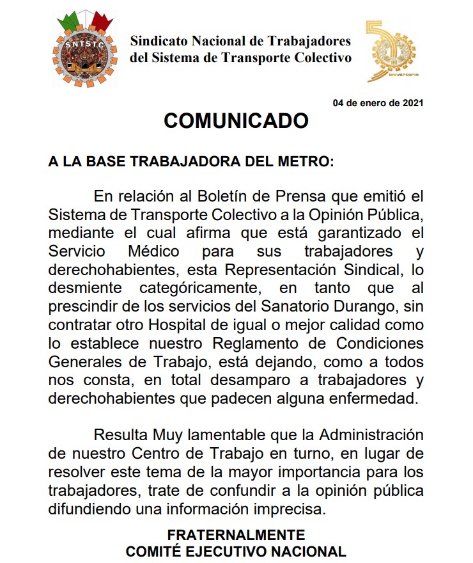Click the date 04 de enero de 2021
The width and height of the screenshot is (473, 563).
[x=378, y=103]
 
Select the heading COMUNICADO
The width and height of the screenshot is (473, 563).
[x=236, y=121]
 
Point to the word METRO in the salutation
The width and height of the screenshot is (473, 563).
[x=310, y=160]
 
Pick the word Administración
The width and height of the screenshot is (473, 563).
[x=371, y=436]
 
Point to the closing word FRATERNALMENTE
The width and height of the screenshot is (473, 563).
[x=236, y=534]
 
